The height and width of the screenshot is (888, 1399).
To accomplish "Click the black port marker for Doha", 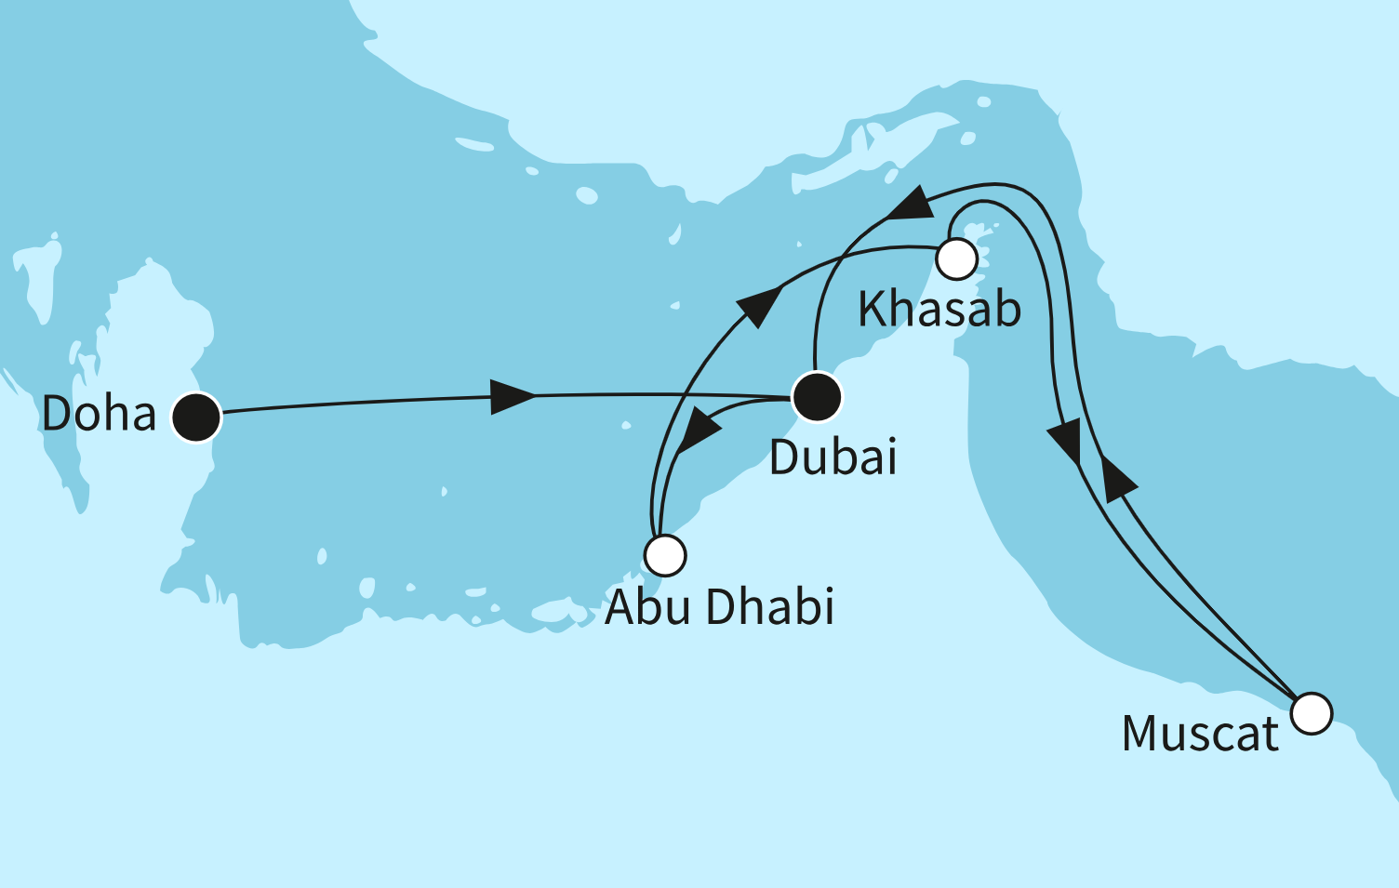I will point(196,417).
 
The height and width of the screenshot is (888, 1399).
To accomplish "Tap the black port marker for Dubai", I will point(817,397).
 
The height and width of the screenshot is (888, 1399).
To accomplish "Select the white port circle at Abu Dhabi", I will point(665,555).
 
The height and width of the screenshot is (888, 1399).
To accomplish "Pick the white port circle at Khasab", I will point(956,258).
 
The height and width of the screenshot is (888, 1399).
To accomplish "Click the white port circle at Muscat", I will point(1312,714).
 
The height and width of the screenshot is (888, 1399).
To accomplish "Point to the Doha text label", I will point(99,414).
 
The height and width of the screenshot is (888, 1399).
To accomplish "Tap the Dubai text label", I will point(833,457).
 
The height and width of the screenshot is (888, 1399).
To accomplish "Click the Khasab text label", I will point(939,310).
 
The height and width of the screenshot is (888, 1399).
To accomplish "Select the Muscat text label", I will point(1200,735).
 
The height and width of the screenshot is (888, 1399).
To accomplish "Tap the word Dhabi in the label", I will point(769,607).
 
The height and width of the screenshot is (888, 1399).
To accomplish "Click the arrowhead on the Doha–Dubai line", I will point(512,396).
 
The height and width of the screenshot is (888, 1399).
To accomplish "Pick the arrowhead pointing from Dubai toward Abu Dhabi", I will point(699,431).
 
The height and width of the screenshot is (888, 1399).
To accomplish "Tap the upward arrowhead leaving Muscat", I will point(1115,477).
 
